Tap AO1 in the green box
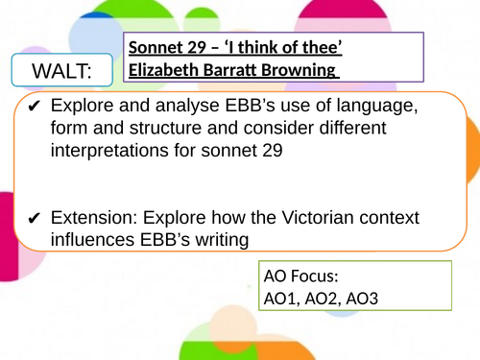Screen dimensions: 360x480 point(280,299)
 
